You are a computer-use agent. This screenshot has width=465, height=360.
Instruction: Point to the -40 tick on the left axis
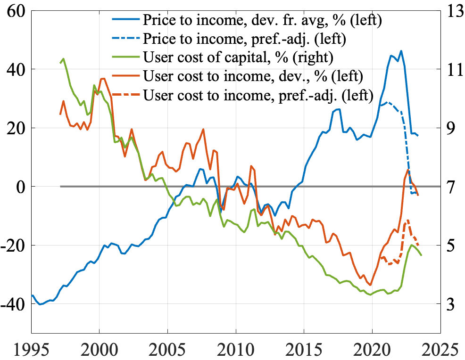[13, 304]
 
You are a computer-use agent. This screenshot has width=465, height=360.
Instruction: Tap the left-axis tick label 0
[21, 187]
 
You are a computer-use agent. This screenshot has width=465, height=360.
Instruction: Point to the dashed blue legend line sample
[126, 39]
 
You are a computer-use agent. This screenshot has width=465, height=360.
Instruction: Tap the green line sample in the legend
[126, 57]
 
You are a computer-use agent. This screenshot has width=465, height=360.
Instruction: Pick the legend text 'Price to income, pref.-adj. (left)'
[245, 39]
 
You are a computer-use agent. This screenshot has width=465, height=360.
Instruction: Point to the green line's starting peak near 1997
[64, 59]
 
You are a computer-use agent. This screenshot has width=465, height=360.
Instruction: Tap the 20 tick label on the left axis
[16, 128]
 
